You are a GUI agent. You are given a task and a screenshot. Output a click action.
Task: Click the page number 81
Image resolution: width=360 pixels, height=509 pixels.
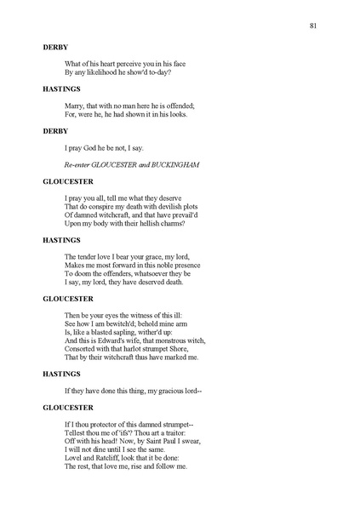click(x=314, y=26)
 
